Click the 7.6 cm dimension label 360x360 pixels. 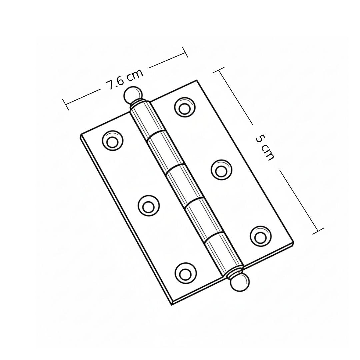pyautogui.click(x=125, y=80)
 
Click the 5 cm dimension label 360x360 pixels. pyautogui.click(x=265, y=148)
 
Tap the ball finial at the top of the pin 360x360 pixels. pyautogui.click(x=132, y=95)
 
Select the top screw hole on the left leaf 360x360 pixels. pyautogui.click(x=112, y=141)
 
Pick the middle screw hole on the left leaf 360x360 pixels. pyautogui.click(x=148, y=206)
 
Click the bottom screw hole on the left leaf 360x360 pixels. pyautogui.click(x=185, y=273)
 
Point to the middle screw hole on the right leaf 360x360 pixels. pyautogui.click(x=221, y=170)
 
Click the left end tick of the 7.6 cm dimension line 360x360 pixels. pyautogui.click(x=66, y=105)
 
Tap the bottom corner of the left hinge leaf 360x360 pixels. pyautogui.click(x=171, y=304)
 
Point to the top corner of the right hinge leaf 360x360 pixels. pyautogui.click(x=197, y=80)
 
